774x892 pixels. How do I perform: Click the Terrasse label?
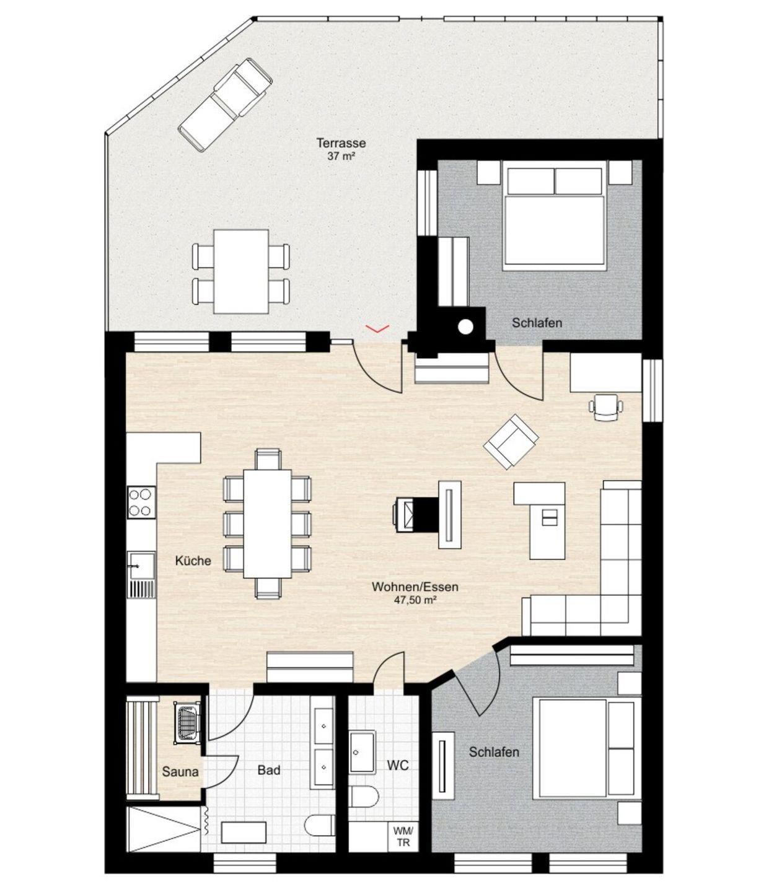pyautogui.click(x=341, y=142)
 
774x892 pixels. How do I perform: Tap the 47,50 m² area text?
pyautogui.click(x=415, y=600)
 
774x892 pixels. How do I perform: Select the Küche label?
pyautogui.click(x=193, y=561)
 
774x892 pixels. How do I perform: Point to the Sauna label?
pyautogui.click(x=180, y=772)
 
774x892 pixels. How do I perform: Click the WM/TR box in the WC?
pyautogui.click(x=404, y=837)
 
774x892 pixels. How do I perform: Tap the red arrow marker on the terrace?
pyautogui.click(x=377, y=328)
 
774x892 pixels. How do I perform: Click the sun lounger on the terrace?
pyautogui.click(x=225, y=105)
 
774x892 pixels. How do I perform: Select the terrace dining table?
pyautogui.click(x=240, y=271)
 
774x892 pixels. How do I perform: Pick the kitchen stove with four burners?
pyautogui.click(x=141, y=502)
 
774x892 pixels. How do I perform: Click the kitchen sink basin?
pyautogui.click(x=141, y=566)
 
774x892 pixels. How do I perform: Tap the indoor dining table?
pyautogui.click(x=267, y=523)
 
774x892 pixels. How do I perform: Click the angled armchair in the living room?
pyautogui.click(x=511, y=442)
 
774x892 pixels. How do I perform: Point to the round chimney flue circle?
pyautogui.click(x=466, y=327)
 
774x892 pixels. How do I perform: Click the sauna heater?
pyautogui.click(x=187, y=722)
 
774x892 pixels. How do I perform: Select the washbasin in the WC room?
pyautogui.click(x=363, y=753)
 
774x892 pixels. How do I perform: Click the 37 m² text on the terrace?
pyautogui.click(x=341, y=156)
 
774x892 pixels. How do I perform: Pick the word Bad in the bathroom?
pyautogui.click(x=268, y=770)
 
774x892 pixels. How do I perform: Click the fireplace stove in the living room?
pyautogui.click(x=410, y=515)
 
